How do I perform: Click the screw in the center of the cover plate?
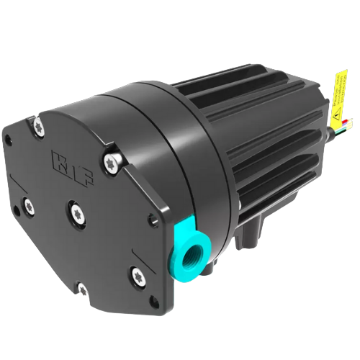75,210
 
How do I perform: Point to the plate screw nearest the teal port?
136,274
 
